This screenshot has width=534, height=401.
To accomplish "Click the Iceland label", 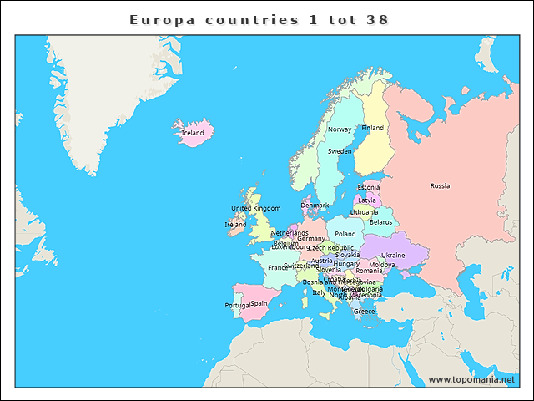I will pyautogui.click(x=193, y=133).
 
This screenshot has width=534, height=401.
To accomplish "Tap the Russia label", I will pyautogui.click(x=440, y=185).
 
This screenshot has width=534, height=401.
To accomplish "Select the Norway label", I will pyautogui.click(x=340, y=129).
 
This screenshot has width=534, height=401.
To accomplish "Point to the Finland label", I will pyautogui.click(x=372, y=128).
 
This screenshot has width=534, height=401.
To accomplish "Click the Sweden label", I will pyautogui.click(x=340, y=151).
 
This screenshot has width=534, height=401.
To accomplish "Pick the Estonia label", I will pyautogui.click(x=368, y=187).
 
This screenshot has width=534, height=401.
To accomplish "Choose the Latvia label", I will pyautogui.click(x=367, y=200).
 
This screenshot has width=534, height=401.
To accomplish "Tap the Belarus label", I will pyautogui.click(x=380, y=222).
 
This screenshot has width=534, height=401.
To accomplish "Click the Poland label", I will pyautogui.click(x=345, y=234).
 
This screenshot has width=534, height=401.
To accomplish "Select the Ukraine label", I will pyautogui.click(x=393, y=255).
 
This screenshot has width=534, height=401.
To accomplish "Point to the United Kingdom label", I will pyautogui.click(x=255, y=208).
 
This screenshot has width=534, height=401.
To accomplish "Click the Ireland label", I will pyautogui.click(x=235, y=224).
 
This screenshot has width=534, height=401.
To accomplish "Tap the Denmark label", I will pyautogui.click(x=315, y=205).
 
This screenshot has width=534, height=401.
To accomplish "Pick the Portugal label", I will pyautogui.click(x=237, y=305).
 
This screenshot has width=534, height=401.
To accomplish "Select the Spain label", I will pyautogui.click(x=259, y=303).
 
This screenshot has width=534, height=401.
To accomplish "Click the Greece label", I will pyautogui.click(x=364, y=311).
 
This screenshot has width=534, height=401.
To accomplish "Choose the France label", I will pyautogui.click(x=277, y=267).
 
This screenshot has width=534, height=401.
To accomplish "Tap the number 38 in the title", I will pyautogui.click(x=377, y=18).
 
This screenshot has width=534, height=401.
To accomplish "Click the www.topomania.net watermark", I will pyautogui.click(x=471, y=379).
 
